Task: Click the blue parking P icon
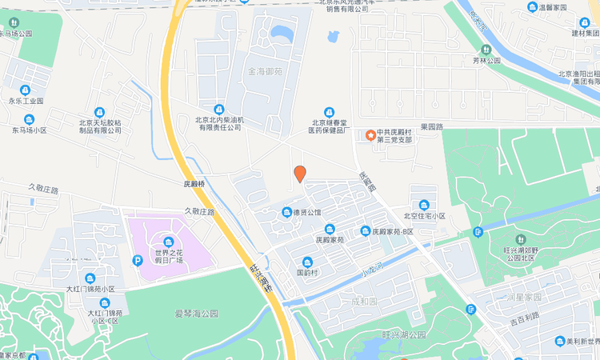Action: click(138, 260)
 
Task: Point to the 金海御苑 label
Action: click(266, 71)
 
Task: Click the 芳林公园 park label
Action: click(486, 60)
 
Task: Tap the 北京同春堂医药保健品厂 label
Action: click(328, 126)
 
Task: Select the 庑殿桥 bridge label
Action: click(192, 183)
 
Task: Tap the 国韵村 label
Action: click(308, 272)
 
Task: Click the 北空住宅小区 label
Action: click(424, 215)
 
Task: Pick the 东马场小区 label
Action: click(30, 130)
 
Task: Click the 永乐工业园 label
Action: click(26, 102)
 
